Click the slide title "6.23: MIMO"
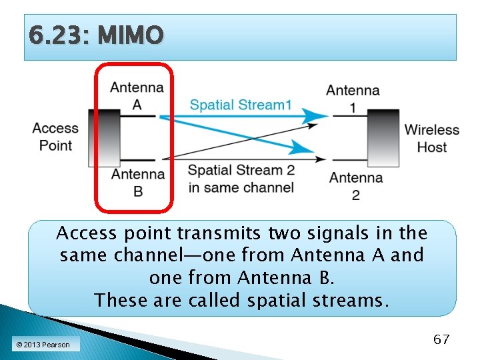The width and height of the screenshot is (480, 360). pyautogui.click(x=96, y=36)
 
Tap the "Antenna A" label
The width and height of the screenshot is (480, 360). pyautogui.click(x=137, y=95)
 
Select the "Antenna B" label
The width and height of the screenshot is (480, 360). pyautogui.click(x=137, y=182)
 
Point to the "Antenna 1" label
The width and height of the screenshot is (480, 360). pyautogui.click(x=353, y=98)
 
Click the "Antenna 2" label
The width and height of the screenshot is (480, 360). pyautogui.click(x=355, y=185)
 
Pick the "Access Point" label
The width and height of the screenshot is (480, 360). pyautogui.click(x=55, y=137)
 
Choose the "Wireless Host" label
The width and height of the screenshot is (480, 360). pyautogui.click(x=431, y=138)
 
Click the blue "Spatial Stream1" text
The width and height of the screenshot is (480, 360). pyautogui.click(x=241, y=105)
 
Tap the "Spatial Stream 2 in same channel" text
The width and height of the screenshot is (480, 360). pyautogui.click(x=241, y=179)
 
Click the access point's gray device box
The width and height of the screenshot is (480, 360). pyautogui.click(x=105, y=139)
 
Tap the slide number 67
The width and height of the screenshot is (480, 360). pyautogui.click(x=441, y=339)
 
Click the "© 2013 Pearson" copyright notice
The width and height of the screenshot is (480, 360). pyautogui.click(x=43, y=345)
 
